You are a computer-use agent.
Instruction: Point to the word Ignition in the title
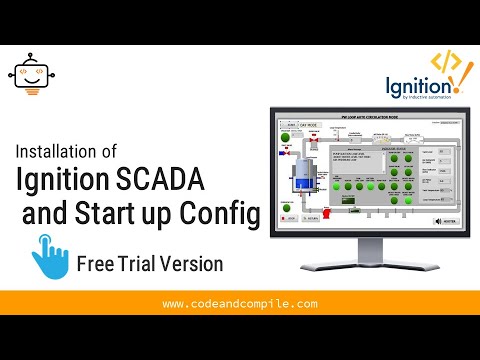pos(71,181)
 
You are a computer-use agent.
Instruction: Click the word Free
pos(97,264)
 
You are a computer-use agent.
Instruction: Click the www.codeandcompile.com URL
pos(239,303)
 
